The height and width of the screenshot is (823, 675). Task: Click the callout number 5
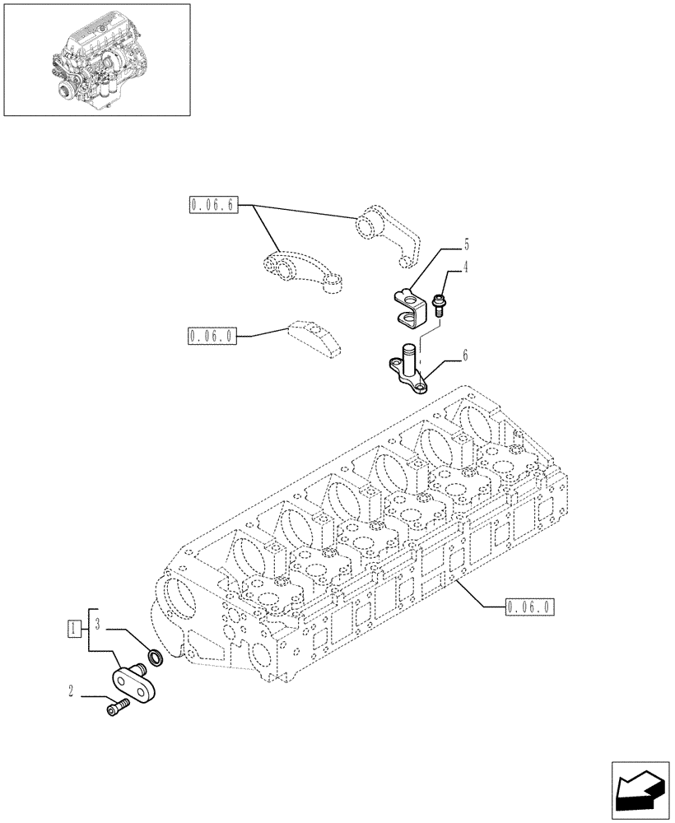(x=465, y=244)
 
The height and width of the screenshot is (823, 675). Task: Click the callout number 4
(x=465, y=267)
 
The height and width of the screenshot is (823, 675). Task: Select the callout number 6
(x=465, y=356)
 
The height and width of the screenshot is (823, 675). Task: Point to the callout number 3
(x=97, y=623)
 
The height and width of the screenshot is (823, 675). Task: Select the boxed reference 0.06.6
(x=212, y=205)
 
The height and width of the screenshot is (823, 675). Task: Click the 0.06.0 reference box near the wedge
(x=212, y=336)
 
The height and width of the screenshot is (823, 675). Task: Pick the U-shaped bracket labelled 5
(x=408, y=305)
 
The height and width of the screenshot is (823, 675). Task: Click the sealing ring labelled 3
(x=153, y=658)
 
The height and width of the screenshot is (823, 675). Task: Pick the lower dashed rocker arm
(x=300, y=272)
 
